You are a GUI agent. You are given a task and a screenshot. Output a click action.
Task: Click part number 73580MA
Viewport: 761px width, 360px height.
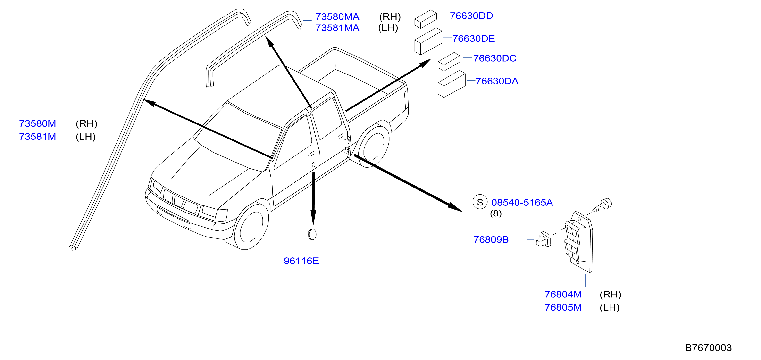pos(337,16)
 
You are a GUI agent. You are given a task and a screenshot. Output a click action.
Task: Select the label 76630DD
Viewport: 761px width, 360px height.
pos(471,16)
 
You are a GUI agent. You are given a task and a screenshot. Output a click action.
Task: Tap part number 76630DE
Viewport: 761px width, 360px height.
pos(473,38)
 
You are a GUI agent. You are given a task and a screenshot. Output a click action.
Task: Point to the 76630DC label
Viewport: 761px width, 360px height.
pos(494,58)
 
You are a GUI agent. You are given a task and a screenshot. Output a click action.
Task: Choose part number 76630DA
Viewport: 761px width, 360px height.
pos(497,81)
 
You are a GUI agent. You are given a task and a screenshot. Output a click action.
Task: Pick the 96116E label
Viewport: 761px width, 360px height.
pos(301,261)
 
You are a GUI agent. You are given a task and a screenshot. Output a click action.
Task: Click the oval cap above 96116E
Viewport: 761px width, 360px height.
pos(312,235)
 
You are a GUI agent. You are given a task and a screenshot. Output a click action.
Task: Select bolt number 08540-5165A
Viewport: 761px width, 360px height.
pos(522,202)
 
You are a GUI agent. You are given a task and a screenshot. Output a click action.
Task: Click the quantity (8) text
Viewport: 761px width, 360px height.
pos(496,213)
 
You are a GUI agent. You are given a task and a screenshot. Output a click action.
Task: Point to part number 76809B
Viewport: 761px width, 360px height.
pos(491,239)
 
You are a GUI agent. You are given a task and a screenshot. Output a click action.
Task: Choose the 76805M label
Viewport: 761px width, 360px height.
pos(563,307)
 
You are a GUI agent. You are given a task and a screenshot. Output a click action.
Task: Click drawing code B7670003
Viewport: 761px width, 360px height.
pos(708,348)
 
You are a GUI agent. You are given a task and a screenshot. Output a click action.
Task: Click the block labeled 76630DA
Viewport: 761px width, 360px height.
pos(452,84)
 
